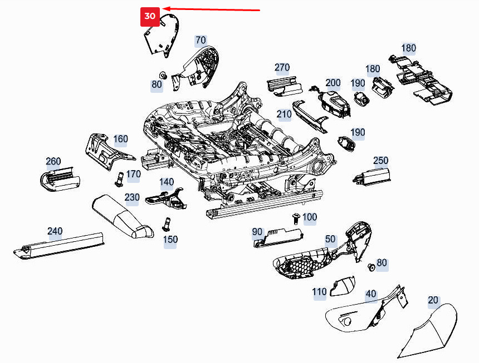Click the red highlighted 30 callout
pyautogui.click(x=150, y=17)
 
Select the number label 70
pyautogui.click(x=200, y=40)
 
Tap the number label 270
pyautogui.click(x=282, y=68)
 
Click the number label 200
pyautogui.click(x=333, y=83)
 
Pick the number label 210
pyautogui.click(x=284, y=115)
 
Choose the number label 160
pyautogui.click(x=120, y=139)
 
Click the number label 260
pyautogui.click(x=53, y=162)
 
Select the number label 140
pyautogui.click(x=167, y=182)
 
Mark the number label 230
pyautogui.click(x=132, y=197)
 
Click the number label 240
pyautogui.click(x=55, y=231)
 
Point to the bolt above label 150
pyautogui.click(x=165, y=224)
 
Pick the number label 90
pyautogui.click(x=257, y=231)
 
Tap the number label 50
pyautogui.click(x=330, y=239)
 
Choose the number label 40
pyautogui.click(x=370, y=294)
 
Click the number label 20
pyautogui.click(x=433, y=300)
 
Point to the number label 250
pyautogui.click(x=380, y=161)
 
